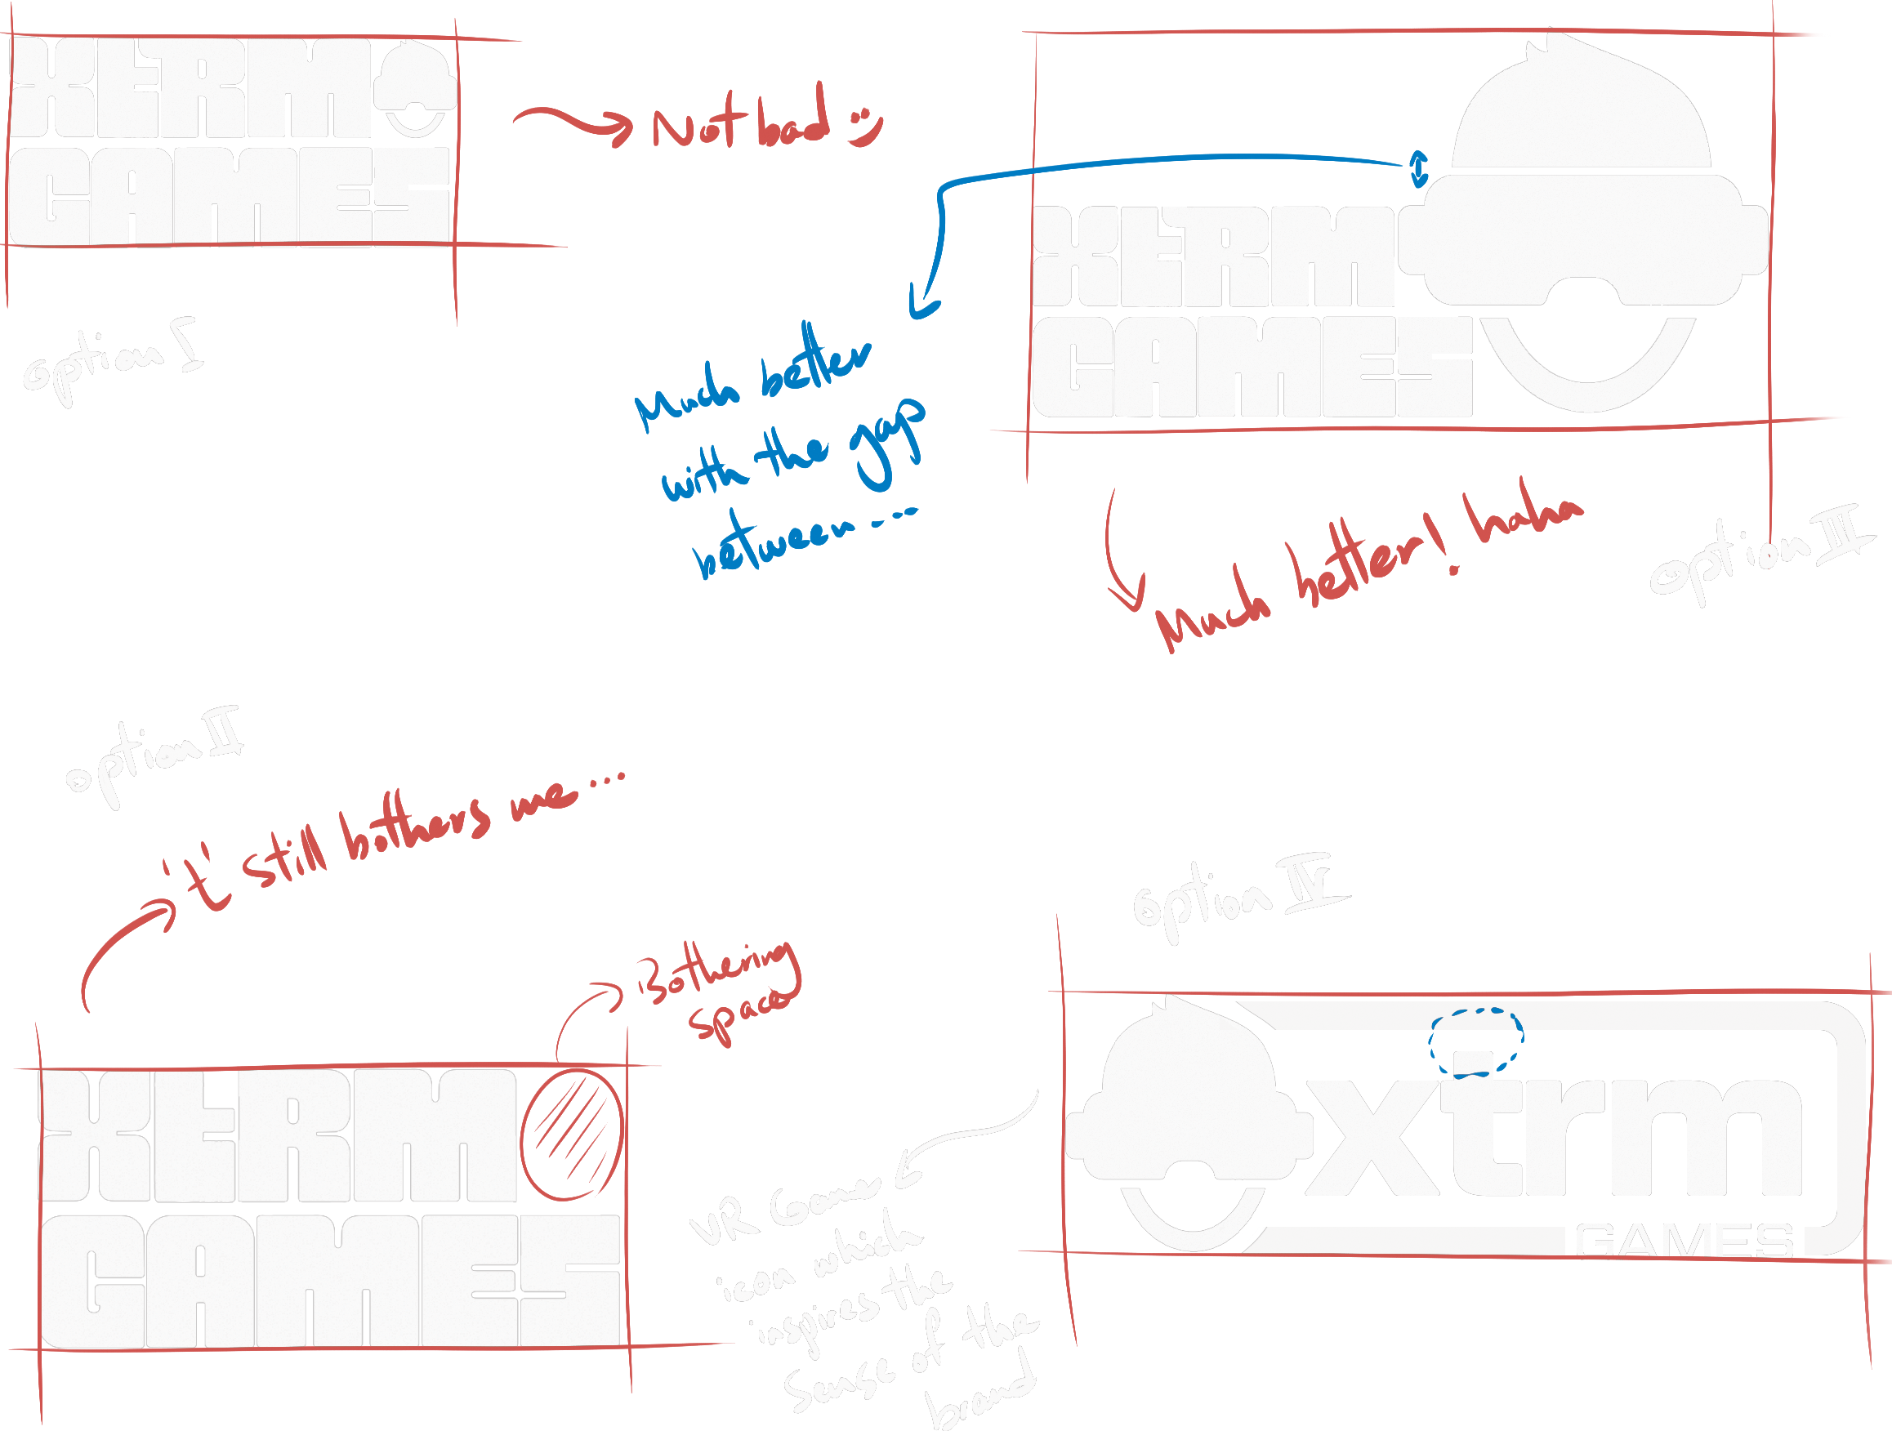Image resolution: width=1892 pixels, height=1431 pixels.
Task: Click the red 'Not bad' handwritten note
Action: (741, 124)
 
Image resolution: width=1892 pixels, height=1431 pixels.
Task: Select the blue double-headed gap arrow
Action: (1419, 168)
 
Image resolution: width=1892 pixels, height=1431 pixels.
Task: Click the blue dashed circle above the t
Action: (1475, 1042)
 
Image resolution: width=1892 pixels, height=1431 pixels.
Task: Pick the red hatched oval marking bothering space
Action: (571, 1135)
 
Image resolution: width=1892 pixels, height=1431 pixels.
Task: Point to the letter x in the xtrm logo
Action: (1372, 1138)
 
